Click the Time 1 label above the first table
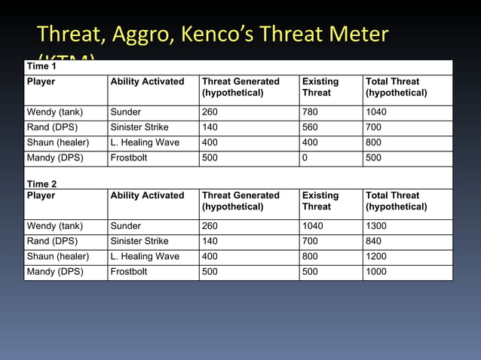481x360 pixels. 41,66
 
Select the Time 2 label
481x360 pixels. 41,184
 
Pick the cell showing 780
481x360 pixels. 310,112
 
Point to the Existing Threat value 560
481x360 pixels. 310,127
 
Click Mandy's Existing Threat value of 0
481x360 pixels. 305,158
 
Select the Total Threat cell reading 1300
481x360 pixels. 378,226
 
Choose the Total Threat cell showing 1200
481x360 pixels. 378,256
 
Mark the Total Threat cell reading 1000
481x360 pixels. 378,272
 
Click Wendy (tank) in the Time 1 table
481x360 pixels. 55,112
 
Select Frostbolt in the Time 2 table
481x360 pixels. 129,272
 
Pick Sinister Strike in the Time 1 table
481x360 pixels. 139,127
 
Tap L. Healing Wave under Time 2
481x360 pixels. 145,256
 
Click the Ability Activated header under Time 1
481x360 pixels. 147,81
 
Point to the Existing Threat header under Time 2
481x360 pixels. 320,200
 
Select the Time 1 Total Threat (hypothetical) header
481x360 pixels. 396,87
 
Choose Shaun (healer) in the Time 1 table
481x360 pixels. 58,143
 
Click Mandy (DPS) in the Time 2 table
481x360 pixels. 55,272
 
